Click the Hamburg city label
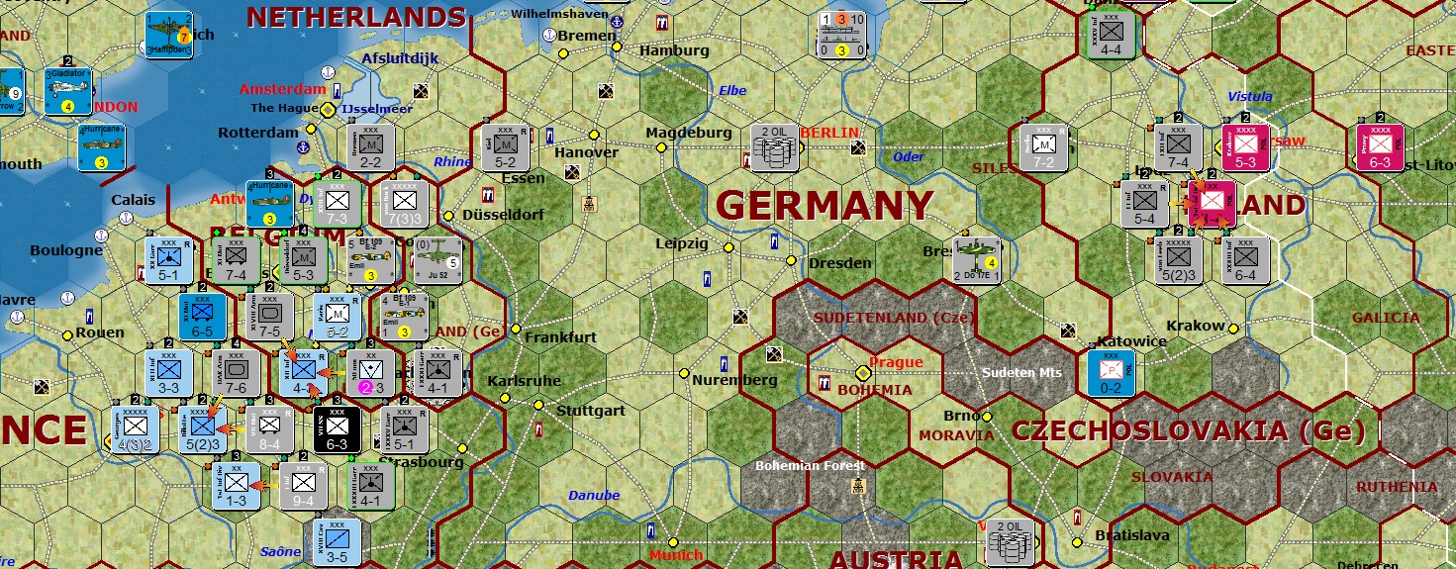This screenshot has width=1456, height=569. pyautogui.click(x=674, y=50)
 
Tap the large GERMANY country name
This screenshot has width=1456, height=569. pyautogui.click(x=824, y=206)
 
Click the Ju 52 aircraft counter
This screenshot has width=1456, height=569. pyautogui.click(x=437, y=260)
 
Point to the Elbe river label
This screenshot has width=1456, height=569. pyautogui.click(x=732, y=91)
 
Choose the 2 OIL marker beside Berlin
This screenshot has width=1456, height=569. pyautogui.click(x=774, y=146)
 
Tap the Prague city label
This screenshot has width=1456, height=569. pyautogui.click(x=896, y=363)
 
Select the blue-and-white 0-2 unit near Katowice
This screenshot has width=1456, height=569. pyautogui.click(x=1111, y=372)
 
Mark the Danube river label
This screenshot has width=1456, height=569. pyautogui.click(x=594, y=496)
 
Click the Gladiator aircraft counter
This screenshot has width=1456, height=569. pyautogui.click(x=68, y=90)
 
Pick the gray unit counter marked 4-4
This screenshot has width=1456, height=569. pyautogui.click(x=1111, y=35)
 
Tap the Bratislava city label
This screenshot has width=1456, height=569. pyautogui.click(x=1132, y=535)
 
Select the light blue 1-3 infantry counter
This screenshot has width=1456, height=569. pyautogui.click(x=236, y=486)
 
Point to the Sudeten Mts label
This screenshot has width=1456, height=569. pyautogui.click(x=1021, y=373)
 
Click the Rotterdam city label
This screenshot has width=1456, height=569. pyautogui.click(x=258, y=133)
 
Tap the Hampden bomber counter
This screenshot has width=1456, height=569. pyautogui.click(x=169, y=35)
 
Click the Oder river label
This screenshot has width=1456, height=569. pyautogui.click(x=909, y=156)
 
